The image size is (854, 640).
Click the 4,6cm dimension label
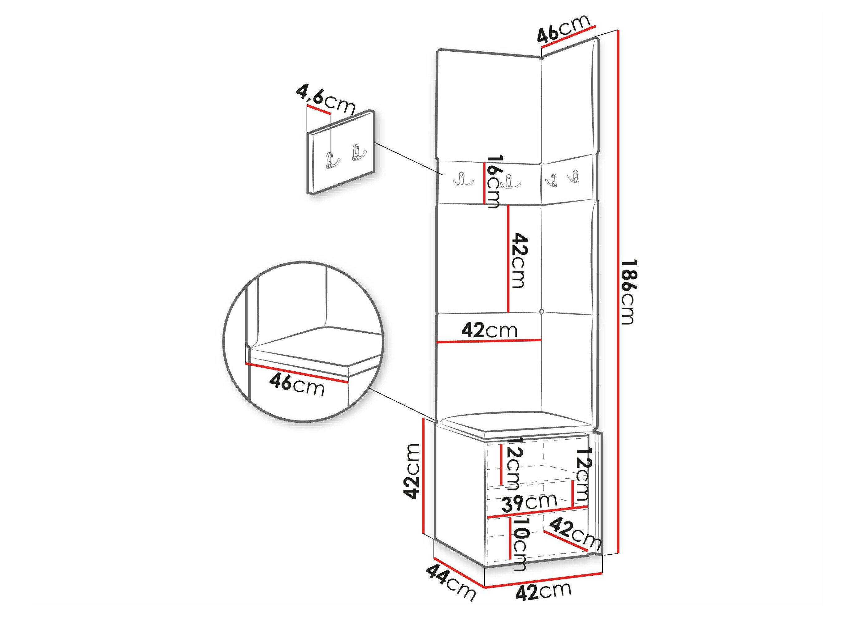(325, 100)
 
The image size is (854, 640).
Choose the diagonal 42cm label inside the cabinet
(575, 534)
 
